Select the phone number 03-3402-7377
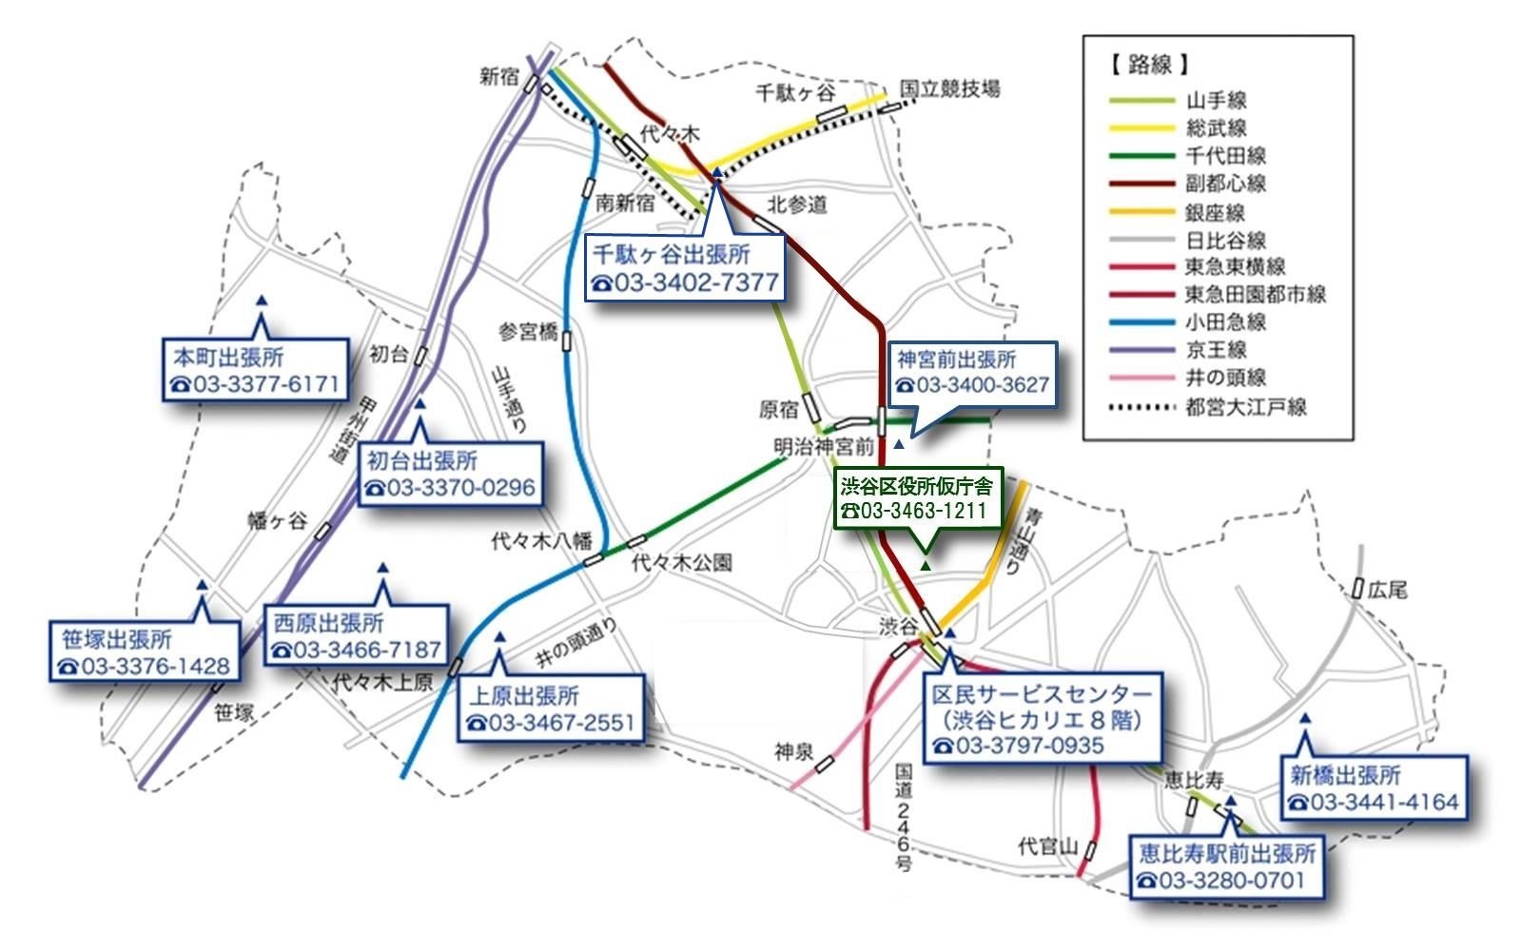[x=686, y=283]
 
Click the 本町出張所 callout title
[x=228, y=358]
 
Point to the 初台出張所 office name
[x=422, y=461]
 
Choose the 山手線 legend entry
[x=1216, y=100]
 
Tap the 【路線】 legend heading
[x=1148, y=65]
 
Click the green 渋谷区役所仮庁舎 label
[x=916, y=487]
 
